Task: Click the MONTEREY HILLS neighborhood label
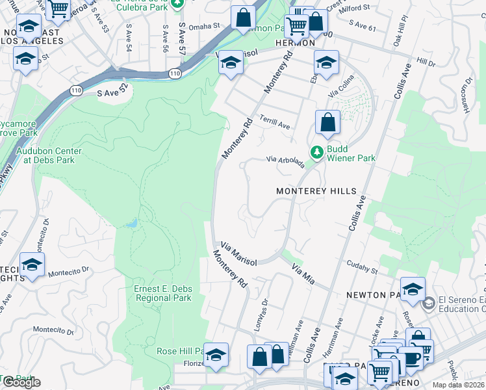(x=316, y=191)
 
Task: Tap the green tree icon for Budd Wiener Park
(x=317, y=152)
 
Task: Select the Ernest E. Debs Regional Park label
(x=162, y=293)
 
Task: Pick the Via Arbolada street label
(x=286, y=161)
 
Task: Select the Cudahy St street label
(x=362, y=266)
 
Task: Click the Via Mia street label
(x=303, y=274)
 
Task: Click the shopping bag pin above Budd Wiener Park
(x=328, y=122)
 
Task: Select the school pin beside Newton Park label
(x=413, y=289)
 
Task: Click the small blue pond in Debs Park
(x=133, y=223)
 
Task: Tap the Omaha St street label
(x=206, y=27)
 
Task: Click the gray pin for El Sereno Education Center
(x=428, y=304)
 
